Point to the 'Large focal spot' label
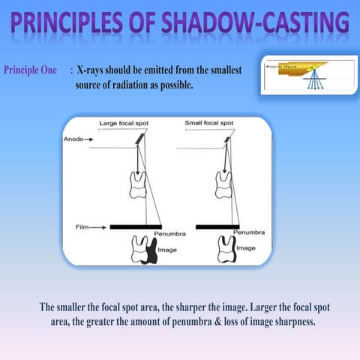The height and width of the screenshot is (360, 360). (125, 122)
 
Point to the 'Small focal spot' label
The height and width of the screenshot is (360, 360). (209, 122)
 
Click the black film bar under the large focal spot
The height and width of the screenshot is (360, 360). (136, 226)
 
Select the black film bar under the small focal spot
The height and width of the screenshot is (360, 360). (217, 226)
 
